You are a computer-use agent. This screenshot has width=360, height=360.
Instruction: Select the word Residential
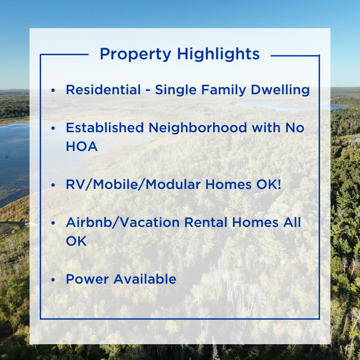(x=103, y=90)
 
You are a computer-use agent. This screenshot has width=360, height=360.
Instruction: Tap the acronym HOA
(x=81, y=146)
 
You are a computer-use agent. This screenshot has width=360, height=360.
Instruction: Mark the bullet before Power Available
(x=53, y=279)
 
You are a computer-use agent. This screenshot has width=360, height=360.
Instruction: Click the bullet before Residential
(x=53, y=90)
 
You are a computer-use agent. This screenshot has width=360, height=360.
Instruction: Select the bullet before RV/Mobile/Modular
(x=53, y=185)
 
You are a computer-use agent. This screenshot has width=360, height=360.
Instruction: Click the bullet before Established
(x=53, y=128)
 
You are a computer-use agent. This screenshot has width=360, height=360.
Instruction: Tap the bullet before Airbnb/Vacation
(x=53, y=223)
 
